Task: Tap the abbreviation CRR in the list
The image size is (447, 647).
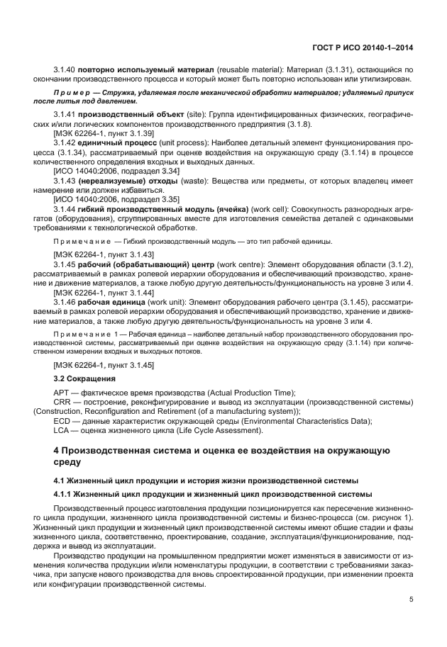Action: point(62,402)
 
